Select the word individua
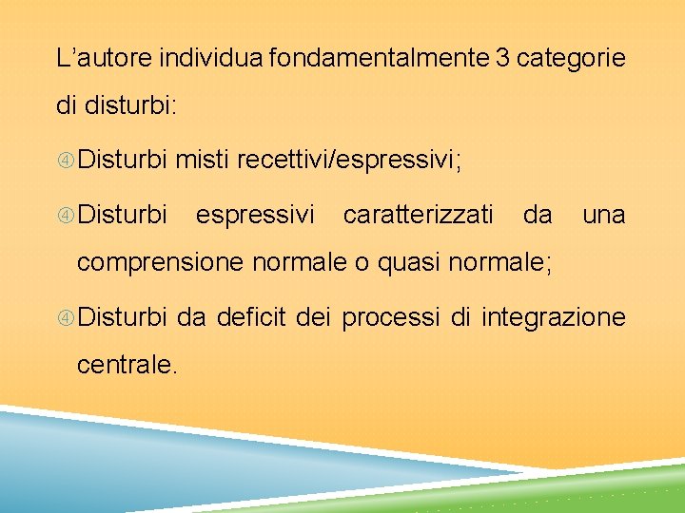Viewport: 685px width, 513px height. click(211, 59)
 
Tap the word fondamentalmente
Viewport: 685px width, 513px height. click(379, 59)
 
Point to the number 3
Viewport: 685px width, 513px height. click(501, 59)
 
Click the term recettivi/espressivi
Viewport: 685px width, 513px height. click(349, 162)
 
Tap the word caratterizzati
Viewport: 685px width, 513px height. click(419, 216)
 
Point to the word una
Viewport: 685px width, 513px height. click(603, 216)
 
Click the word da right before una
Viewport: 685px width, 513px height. click(538, 216)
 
